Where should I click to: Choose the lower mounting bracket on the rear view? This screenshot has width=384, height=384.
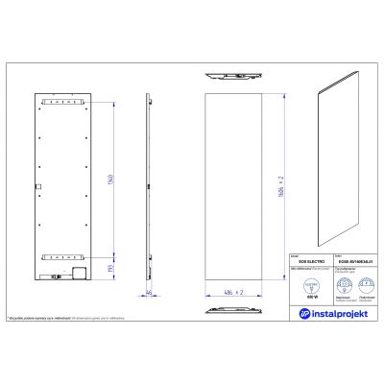point(65,257)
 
